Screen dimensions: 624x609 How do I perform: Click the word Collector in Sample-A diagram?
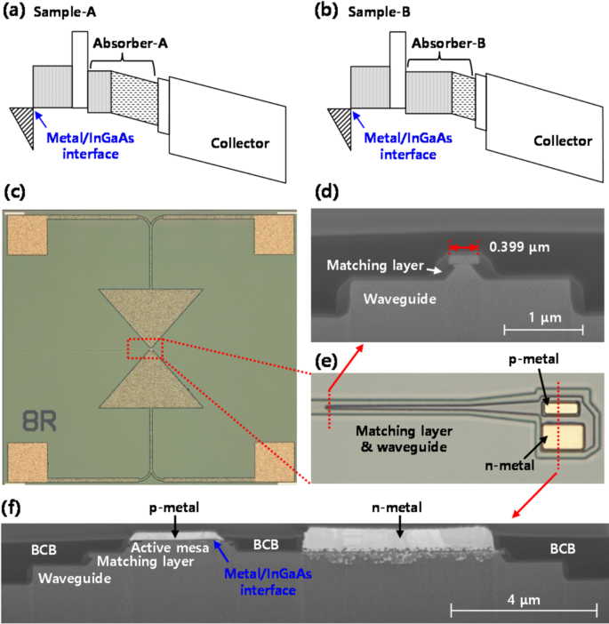click(x=239, y=143)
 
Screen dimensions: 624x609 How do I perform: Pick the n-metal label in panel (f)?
click(x=397, y=510)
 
